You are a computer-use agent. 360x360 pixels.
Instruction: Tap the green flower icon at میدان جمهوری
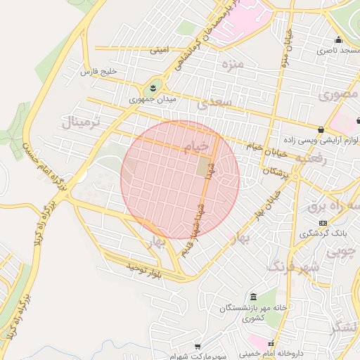[152, 89]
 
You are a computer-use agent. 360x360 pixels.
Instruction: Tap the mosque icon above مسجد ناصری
[339, 40]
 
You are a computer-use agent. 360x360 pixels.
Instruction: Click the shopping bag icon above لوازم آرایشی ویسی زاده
[321, 129]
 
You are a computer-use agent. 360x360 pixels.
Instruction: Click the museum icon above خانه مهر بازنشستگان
[253, 297]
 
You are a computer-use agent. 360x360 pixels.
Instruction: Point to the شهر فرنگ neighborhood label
[294, 266]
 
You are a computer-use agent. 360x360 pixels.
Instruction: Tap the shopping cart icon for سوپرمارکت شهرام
[198, 347]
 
